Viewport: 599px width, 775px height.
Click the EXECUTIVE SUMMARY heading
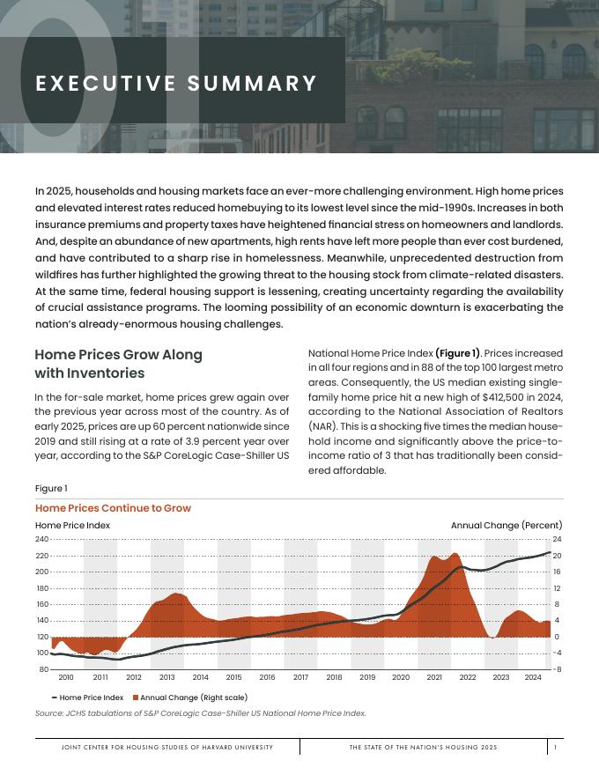[176, 84]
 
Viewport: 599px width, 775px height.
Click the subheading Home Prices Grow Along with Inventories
[118, 364]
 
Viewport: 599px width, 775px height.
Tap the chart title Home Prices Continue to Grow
[113, 508]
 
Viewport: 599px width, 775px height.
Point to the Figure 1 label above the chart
[51, 489]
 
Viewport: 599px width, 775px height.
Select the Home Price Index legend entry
[87, 697]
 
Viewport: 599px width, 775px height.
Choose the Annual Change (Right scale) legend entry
[189, 697]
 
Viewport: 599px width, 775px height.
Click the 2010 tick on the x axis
[66, 677]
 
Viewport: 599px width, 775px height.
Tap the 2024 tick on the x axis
[532, 677]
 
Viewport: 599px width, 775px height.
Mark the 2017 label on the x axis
[300, 677]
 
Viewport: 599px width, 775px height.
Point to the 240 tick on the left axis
[41, 539]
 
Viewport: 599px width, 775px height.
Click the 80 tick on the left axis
[43, 669]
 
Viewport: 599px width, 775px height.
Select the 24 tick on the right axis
[557, 539]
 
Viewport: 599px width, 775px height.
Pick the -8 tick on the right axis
[557, 669]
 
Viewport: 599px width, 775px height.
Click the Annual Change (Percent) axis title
[507, 526]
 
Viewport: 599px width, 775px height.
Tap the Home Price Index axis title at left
[72, 526]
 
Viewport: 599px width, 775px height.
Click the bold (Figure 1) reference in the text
[457, 353]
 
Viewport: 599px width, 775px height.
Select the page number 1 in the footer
[555, 747]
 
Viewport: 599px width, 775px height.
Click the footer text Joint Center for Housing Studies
[167, 747]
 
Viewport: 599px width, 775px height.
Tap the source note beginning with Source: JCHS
[200, 713]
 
